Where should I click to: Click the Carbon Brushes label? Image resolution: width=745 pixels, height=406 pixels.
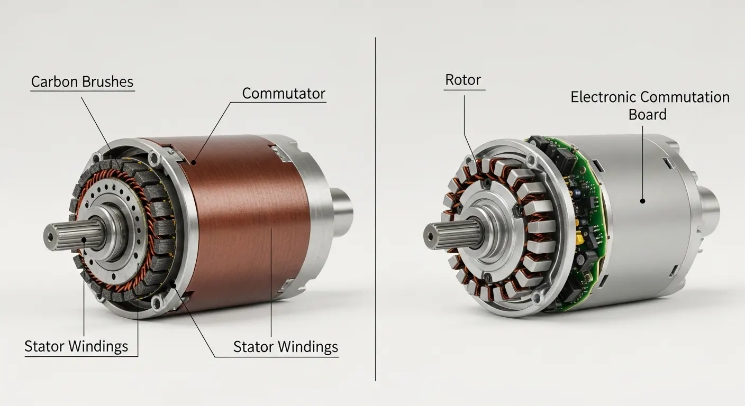pos(82,82)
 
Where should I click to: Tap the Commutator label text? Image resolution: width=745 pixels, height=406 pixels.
pos(284,94)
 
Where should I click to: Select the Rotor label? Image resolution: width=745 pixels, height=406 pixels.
pos(463,80)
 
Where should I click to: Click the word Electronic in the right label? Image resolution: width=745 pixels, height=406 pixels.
pos(603,97)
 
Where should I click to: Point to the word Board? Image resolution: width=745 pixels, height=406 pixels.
pos(647,115)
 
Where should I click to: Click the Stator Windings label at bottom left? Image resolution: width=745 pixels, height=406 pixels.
pos(76,346)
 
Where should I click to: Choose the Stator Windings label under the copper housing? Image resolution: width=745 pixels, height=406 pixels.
pos(286,347)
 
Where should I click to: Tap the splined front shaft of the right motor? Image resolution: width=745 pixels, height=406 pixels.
pos(453,235)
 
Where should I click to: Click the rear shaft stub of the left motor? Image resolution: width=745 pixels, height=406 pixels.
pos(340,213)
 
